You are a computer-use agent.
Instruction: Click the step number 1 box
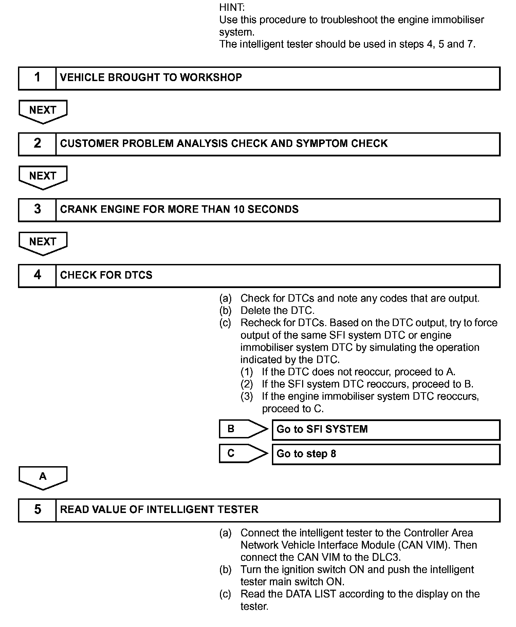(x=37, y=78)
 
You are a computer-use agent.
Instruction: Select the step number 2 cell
(x=37, y=144)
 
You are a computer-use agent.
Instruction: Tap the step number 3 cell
(x=37, y=210)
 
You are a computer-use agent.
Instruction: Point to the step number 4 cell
(x=37, y=275)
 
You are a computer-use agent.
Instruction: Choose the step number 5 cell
(x=37, y=510)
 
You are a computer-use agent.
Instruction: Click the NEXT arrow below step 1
(x=43, y=111)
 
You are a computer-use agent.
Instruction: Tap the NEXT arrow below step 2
(x=43, y=177)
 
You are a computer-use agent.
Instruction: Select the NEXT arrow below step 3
(x=43, y=243)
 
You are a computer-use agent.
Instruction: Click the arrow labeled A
(x=43, y=477)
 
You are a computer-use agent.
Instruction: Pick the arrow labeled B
(x=243, y=429)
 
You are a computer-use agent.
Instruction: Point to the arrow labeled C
(x=243, y=453)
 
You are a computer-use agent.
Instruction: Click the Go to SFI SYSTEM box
(x=386, y=430)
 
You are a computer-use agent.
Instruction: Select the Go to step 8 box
(x=386, y=454)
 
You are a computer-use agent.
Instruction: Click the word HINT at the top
(x=232, y=7)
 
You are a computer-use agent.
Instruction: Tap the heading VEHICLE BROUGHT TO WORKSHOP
(x=151, y=78)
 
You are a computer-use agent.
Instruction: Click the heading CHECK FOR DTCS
(x=106, y=275)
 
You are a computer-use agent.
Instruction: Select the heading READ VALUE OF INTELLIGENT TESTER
(x=159, y=510)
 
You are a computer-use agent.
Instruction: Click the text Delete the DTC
(x=277, y=310)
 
